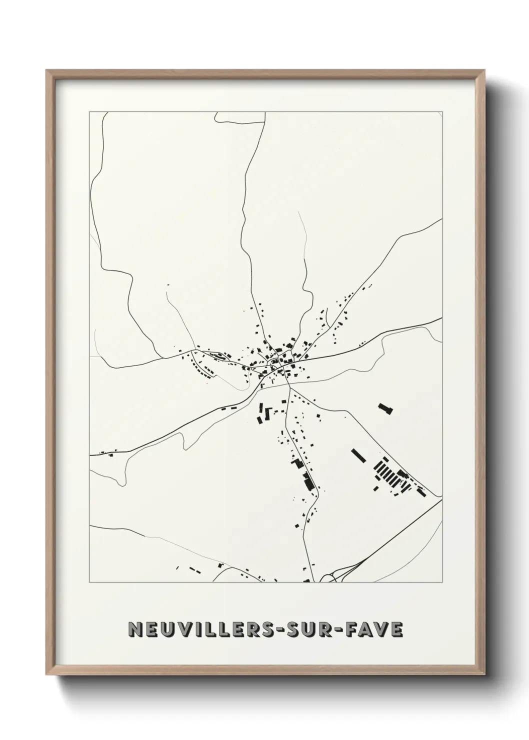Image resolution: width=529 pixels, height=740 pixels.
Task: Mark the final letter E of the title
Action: tap(396, 629)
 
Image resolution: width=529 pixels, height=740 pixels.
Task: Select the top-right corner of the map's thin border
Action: tap(441, 111)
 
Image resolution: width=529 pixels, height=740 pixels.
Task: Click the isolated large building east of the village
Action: tap(385, 408)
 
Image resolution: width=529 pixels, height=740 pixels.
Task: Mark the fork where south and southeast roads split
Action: tap(287, 385)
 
